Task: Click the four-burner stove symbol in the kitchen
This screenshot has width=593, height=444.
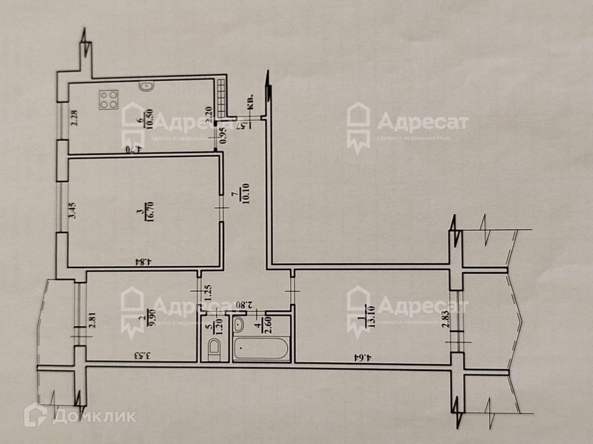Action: point(109,100)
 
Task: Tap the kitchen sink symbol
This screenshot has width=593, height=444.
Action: point(146,87)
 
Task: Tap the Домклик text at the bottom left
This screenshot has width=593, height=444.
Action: point(94,416)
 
